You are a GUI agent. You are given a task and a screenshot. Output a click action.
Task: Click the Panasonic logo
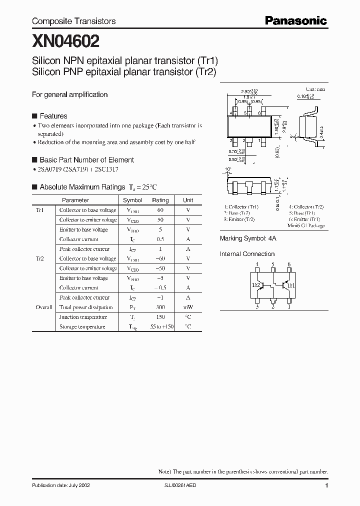click(295, 20)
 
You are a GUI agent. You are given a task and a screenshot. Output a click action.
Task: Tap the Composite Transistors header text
click(73, 21)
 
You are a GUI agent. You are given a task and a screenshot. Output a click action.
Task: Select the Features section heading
click(53, 116)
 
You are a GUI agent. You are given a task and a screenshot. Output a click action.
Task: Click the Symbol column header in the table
click(132, 200)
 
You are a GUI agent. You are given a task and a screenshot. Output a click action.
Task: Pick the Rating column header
click(160, 200)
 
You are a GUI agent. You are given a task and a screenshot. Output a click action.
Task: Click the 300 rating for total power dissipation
click(160, 307)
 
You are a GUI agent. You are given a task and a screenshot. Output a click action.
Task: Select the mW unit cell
click(187, 307)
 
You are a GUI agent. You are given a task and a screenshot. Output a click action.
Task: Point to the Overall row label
click(43, 307)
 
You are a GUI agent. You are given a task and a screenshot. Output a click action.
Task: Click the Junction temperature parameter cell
click(83, 317)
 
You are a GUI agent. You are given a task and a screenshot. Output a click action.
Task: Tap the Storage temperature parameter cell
click(82, 327)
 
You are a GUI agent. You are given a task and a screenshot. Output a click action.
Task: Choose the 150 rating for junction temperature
click(160, 317)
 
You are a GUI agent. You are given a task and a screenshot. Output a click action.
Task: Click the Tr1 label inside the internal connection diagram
click(291, 285)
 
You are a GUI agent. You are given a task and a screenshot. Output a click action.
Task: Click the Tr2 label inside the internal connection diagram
click(255, 285)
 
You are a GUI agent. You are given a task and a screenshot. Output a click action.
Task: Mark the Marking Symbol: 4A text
click(248, 239)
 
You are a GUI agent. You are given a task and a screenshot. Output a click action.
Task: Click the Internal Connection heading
click(247, 254)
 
